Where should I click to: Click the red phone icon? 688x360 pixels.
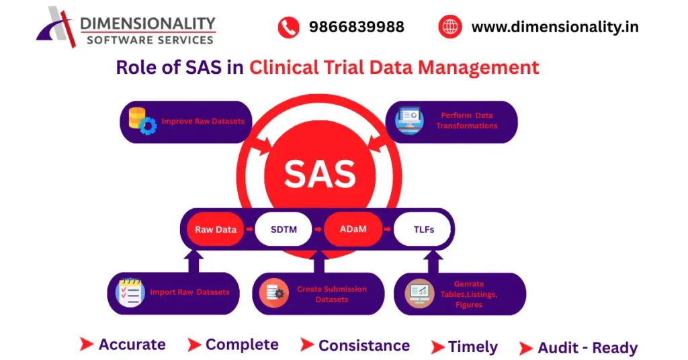pos(288,28)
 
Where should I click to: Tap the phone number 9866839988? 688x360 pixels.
pos(356,28)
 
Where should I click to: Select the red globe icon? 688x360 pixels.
pos(449,28)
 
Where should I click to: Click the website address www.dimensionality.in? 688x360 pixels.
pos(555,28)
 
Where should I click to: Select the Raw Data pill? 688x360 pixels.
pos(216,230)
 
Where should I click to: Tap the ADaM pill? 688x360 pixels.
pos(353,230)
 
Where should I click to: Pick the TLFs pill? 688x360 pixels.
pos(423,230)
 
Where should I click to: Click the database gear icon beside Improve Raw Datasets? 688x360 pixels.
pos(142,122)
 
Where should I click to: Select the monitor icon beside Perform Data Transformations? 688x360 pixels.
pos(410,121)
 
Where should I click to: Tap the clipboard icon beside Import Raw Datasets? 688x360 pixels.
pos(130,293)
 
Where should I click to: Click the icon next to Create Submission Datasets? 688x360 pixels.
pos(274,294)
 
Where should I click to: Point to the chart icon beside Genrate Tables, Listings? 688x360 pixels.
pos(419,294)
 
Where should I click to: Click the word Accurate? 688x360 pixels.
pos(132,345)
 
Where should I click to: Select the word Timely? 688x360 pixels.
pos(473,347)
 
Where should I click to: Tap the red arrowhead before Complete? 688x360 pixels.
pos(194,345)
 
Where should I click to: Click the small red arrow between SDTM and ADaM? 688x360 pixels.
pos(319,230)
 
